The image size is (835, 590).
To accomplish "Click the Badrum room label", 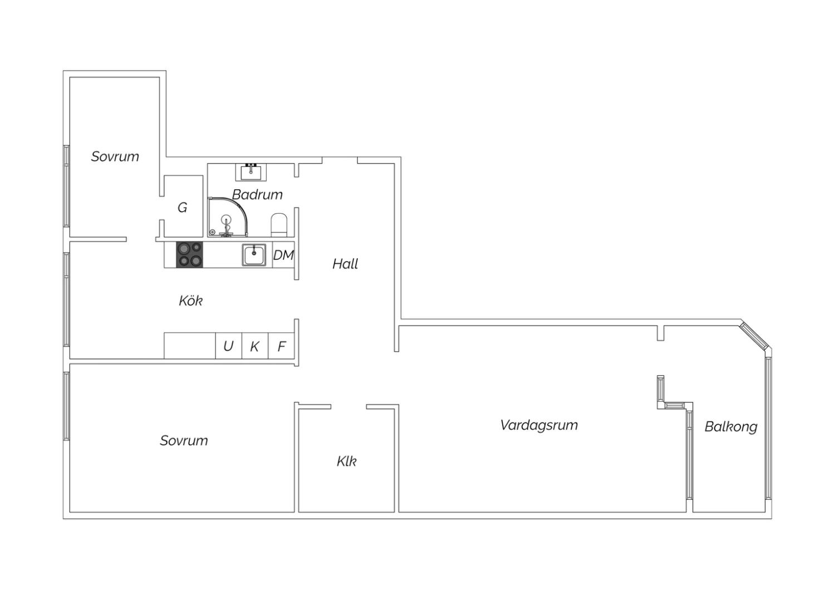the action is click(x=257, y=195).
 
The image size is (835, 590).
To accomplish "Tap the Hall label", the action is click(x=345, y=264).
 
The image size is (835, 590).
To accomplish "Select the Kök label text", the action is click(x=190, y=301).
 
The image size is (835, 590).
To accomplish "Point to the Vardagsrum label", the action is click(x=539, y=425).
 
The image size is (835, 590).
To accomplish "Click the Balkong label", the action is click(x=730, y=427).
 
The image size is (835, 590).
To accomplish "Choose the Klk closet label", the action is click(x=346, y=461).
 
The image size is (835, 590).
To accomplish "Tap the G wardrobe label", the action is click(x=182, y=207).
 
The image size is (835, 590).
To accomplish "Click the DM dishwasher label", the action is click(x=284, y=255).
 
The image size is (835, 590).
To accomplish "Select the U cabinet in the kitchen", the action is click(x=228, y=346).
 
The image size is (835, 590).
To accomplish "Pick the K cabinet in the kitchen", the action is click(x=255, y=346).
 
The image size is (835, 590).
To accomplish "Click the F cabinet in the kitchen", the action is click(x=282, y=346).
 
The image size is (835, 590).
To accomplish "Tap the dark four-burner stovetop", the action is click(x=189, y=255).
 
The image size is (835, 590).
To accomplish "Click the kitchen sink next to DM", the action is click(x=254, y=255).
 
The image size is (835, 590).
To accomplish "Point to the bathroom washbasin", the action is click(x=251, y=172).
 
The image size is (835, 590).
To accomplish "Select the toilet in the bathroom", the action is click(x=279, y=225).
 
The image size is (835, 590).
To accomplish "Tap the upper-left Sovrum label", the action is click(x=115, y=156).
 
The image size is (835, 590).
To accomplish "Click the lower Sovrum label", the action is click(x=184, y=440).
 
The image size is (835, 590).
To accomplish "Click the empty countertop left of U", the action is click(x=190, y=346).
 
